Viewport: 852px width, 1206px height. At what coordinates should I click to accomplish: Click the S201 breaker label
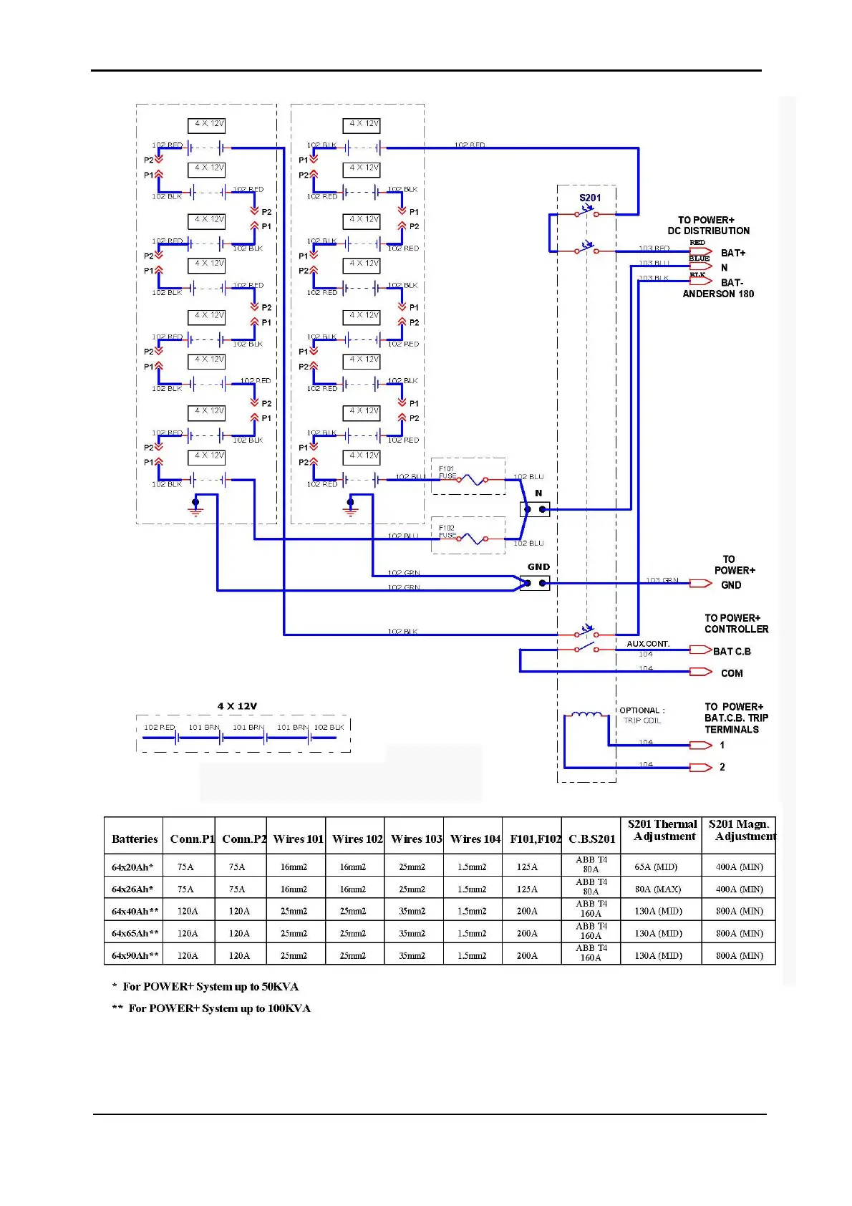click(590, 198)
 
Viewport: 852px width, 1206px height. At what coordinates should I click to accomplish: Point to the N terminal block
click(535, 510)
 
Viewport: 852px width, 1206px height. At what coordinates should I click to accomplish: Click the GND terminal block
click(535, 584)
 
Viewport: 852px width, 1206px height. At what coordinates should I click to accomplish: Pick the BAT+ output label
click(732, 253)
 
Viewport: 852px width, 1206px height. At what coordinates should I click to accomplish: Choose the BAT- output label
click(732, 282)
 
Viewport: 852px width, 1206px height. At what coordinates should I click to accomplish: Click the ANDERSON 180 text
click(717, 294)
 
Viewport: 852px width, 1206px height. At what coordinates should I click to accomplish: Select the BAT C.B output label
click(732, 652)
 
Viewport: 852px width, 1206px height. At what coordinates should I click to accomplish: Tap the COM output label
click(732, 673)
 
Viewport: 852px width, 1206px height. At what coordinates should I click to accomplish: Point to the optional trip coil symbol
click(586, 714)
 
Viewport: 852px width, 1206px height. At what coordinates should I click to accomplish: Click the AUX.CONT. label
click(648, 644)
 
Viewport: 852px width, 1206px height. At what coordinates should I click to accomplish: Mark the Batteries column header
click(135, 839)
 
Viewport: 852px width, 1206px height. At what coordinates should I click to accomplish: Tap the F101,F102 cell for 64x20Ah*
click(527, 867)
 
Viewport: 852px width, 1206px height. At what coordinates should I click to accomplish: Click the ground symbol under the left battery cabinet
click(195, 508)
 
